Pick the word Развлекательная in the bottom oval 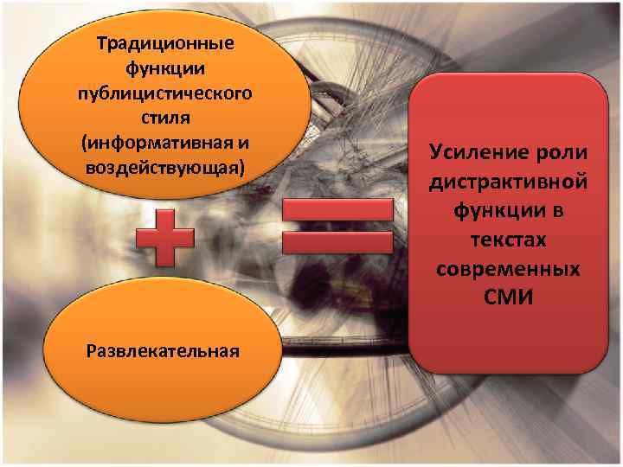coord(163,350)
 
